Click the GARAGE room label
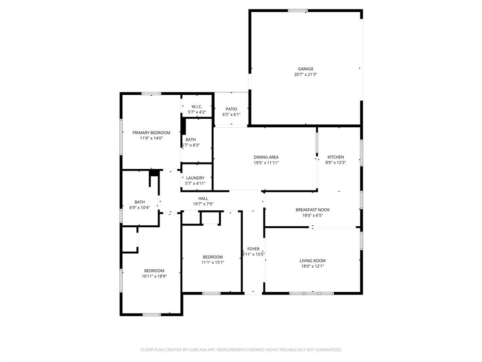(x=305, y=69)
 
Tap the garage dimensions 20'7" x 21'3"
(x=305, y=74)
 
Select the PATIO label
(x=231, y=109)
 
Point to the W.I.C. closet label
(x=197, y=107)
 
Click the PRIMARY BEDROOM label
(x=151, y=133)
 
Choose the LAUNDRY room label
(x=195, y=178)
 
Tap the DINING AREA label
(x=266, y=157)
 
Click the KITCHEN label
(x=336, y=157)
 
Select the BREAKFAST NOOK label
(x=313, y=210)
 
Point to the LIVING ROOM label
(x=313, y=261)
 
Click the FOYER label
(x=253, y=249)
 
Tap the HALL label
(x=203, y=198)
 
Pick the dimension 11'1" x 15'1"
(x=213, y=263)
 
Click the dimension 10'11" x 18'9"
(x=154, y=276)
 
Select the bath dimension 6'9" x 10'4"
(x=139, y=207)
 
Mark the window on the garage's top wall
(x=297, y=10)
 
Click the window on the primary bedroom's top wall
(x=152, y=93)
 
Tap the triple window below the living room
(x=305, y=293)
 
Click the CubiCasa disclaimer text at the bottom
(x=241, y=350)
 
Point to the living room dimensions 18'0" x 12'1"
(x=313, y=266)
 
